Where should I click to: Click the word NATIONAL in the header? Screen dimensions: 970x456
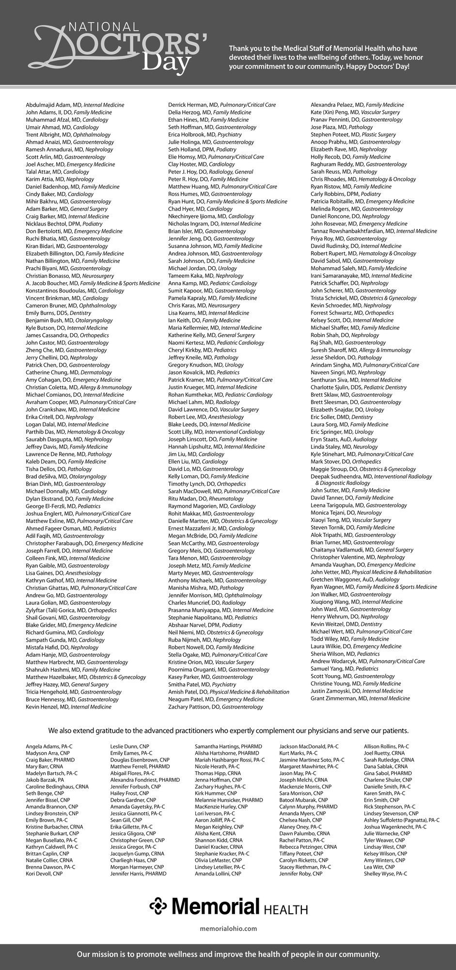[100, 27]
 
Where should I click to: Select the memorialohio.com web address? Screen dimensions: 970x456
[228, 928]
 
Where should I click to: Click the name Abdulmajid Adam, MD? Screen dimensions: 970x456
[54, 105]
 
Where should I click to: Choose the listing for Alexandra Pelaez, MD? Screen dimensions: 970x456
[337, 105]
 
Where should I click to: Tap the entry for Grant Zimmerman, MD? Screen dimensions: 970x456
[339, 698]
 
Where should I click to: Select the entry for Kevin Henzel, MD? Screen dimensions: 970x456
[47, 707]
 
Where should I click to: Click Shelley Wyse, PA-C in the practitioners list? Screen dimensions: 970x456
[385, 873]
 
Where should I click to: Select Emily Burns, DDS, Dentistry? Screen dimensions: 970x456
[58, 313]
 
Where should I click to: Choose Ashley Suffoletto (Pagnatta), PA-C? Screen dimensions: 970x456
[401, 820]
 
